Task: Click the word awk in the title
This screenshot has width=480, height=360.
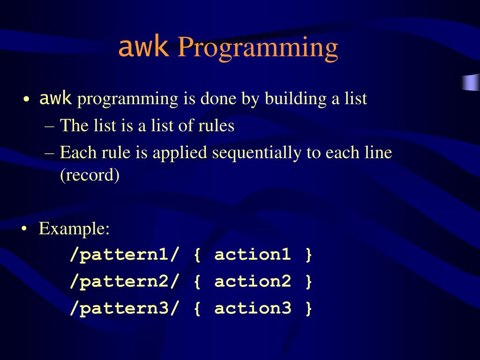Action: tap(143, 47)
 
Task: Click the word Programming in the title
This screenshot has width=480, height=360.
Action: tap(257, 49)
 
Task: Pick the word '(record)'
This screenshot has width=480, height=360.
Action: tap(90, 175)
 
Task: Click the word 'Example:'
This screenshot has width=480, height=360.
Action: tap(74, 229)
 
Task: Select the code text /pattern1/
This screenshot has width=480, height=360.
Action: tap(124, 255)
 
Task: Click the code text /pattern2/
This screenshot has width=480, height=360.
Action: tap(124, 282)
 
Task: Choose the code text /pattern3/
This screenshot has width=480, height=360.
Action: tap(124, 308)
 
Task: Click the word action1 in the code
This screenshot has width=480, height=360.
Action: tap(253, 255)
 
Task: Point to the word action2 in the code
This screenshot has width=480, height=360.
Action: tap(253, 282)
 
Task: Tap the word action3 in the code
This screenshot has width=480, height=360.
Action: tap(253, 308)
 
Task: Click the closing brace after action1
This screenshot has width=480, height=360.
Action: tap(308, 255)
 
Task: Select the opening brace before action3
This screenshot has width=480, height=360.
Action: tap(197, 309)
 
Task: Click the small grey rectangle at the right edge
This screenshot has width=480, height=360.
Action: tap(471, 82)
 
